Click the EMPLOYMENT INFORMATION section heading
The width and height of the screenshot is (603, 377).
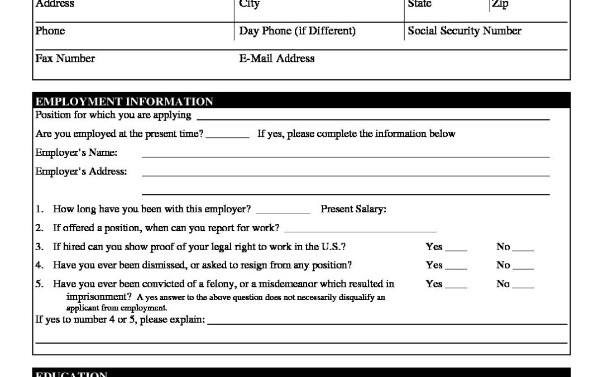point(124,102)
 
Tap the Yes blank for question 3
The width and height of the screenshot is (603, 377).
point(456,249)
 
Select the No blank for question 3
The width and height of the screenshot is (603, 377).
point(523,249)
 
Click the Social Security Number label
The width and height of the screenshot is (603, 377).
point(465,31)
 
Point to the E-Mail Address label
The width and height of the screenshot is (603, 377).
point(277,58)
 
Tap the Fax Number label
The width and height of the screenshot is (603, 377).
point(65,58)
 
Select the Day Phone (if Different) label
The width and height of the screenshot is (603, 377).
point(297,31)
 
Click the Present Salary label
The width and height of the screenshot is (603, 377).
point(353,209)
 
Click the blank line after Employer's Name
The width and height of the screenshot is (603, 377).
point(346,155)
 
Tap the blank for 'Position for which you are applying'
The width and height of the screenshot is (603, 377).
point(373,118)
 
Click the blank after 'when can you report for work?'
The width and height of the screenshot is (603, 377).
point(360,230)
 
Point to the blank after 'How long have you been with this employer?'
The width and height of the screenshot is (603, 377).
point(283,212)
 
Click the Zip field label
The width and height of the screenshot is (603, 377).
point(500,4)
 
